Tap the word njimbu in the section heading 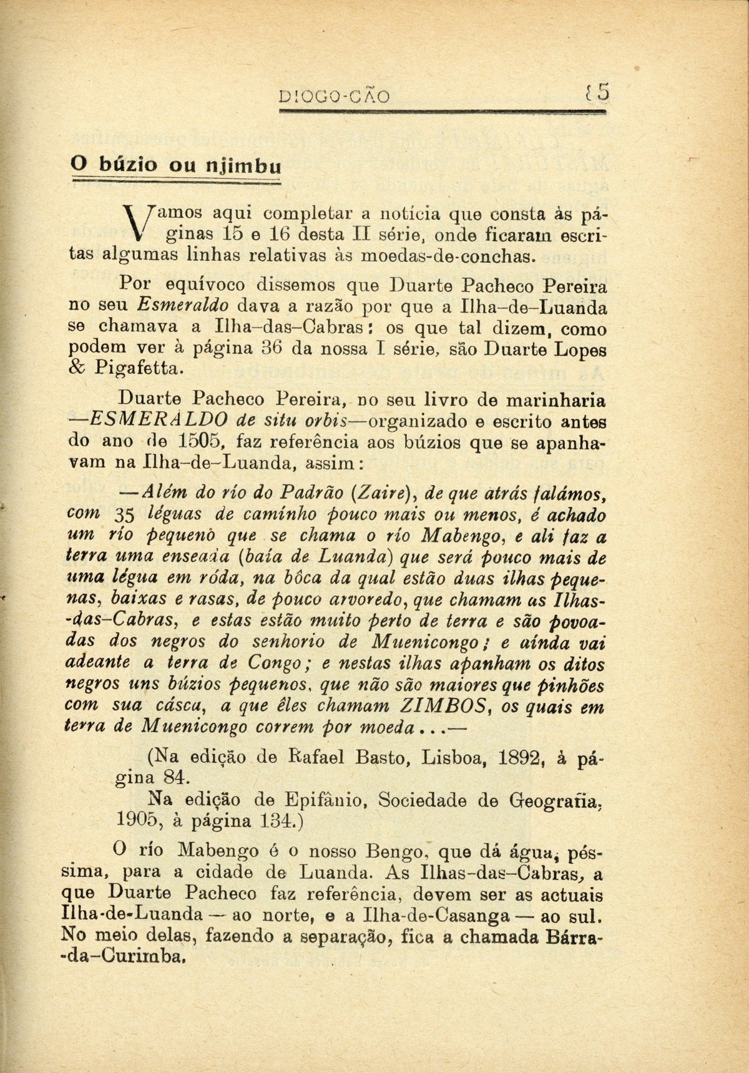tap(243, 167)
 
